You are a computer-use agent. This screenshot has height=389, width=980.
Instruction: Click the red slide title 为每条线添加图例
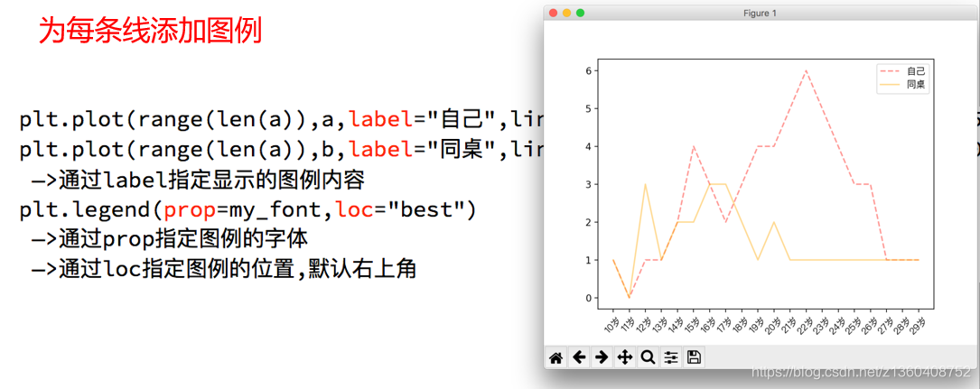[150, 32]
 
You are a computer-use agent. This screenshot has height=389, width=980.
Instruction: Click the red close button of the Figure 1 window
[553, 13]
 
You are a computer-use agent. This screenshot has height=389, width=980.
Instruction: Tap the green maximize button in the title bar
[580, 13]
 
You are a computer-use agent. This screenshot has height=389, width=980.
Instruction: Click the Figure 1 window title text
[760, 13]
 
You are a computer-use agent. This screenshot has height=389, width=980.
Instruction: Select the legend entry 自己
[916, 70]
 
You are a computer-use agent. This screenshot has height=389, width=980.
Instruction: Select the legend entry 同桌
[916, 84]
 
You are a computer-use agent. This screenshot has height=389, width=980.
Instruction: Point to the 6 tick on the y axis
[588, 71]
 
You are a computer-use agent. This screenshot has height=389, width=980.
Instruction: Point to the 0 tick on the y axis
[588, 298]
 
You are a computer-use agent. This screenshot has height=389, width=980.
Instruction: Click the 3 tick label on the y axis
[588, 184]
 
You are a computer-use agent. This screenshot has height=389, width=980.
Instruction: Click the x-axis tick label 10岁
[611, 325]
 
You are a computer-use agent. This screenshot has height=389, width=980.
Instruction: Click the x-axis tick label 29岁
[917, 325]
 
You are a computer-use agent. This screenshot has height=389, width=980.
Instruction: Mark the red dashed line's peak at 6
[806, 71]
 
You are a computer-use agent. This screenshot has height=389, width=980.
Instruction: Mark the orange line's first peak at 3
[645, 184]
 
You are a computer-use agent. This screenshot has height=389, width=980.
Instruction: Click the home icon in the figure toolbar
[556, 357]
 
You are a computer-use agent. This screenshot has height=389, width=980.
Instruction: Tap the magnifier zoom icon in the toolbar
[648, 357]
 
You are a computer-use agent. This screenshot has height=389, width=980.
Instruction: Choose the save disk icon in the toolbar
[694, 357]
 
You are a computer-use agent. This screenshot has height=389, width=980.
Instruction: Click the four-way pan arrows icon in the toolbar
[624, 357]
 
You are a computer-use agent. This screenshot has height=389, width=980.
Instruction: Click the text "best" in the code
[425, 210]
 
